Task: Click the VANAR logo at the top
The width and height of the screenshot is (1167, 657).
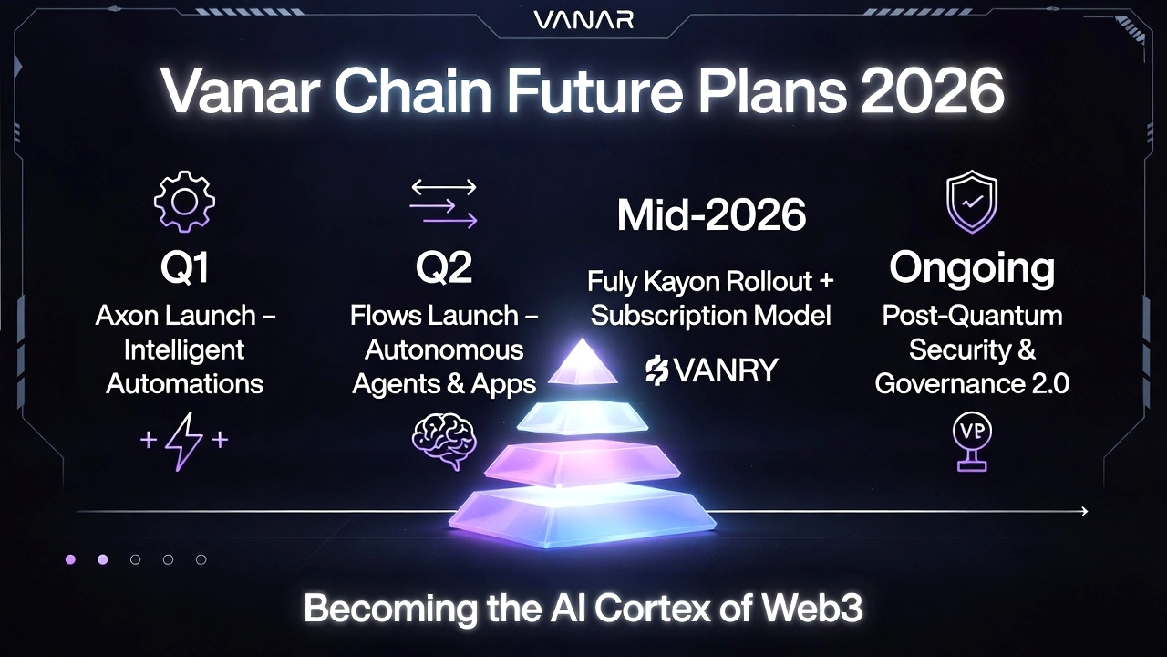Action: (583, 20)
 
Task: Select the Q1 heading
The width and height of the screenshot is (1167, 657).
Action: (184, 267)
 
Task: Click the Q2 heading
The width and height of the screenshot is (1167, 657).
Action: (443, 267)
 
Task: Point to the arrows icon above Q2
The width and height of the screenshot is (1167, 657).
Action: (443, 203)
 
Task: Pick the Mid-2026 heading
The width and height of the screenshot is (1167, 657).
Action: (711, 214)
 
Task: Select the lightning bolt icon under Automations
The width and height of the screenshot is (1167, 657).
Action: (184, 441)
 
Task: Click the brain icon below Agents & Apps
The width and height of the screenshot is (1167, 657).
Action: (444, 441)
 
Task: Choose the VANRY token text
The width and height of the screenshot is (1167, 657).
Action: (712, 370)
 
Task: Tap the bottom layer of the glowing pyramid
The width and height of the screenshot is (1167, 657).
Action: (583, 517)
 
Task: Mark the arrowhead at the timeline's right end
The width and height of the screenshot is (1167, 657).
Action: (1084, 512)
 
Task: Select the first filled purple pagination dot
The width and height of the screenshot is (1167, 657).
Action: (70, 559)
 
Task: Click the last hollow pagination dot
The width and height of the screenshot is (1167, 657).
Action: (201, 559)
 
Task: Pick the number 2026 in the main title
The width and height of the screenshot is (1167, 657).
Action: (932, 90)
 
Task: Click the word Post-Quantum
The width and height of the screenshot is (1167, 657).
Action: (972, 316)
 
